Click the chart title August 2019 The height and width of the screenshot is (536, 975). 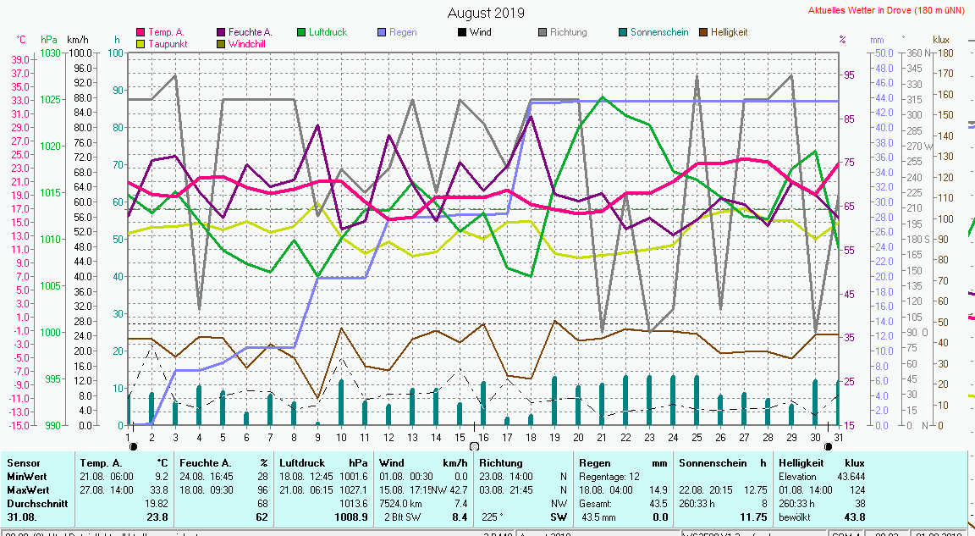point(485,13)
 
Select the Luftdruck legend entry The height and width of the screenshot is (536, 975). point(328,32)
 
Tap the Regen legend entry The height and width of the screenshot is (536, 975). point(403,32)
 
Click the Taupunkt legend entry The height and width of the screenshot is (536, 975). point(167,43)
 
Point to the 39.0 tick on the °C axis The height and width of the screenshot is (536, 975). point(21,59)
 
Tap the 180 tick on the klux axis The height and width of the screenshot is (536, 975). point(945,53)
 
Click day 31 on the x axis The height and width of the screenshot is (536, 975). point(838,437)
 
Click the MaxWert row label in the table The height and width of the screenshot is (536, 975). point(29,489)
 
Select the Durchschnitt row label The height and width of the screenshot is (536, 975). point(36,503)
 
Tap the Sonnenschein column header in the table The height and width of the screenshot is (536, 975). point(712,463)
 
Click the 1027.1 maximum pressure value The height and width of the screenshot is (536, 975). point(356,489)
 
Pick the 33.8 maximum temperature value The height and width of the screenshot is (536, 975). point(158,489)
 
